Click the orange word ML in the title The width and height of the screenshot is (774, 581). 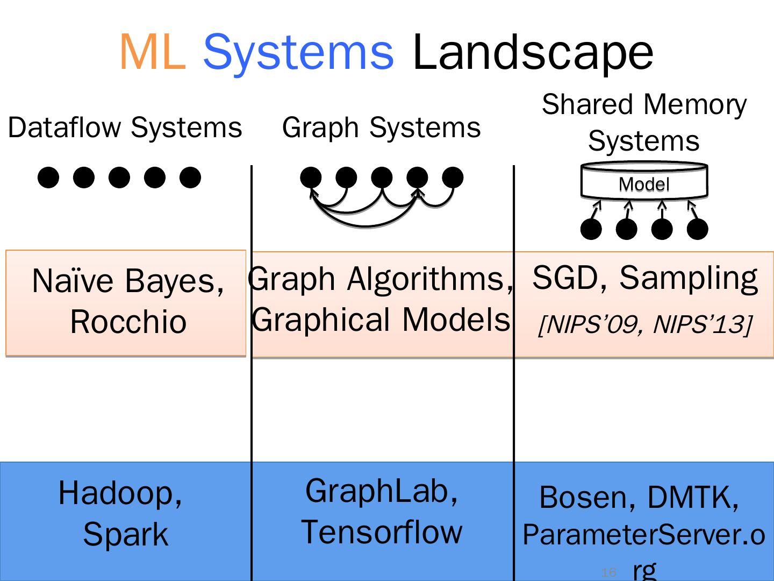152,52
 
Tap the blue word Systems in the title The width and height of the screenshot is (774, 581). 298,52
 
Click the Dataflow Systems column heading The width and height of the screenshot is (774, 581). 125,128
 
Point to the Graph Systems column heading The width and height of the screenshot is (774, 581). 381,128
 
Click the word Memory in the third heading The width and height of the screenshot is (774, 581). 695,104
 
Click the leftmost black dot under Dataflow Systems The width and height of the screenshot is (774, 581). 48,177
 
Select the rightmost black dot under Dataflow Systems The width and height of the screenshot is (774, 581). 190,177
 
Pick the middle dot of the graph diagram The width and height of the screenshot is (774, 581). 382,177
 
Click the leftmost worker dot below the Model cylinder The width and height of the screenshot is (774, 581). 591,229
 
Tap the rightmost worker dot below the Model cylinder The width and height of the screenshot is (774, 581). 697,229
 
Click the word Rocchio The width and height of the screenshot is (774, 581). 128,322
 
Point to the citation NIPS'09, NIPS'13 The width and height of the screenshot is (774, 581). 644,324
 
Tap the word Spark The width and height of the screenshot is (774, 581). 125,534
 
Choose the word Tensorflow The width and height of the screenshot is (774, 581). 382,532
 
